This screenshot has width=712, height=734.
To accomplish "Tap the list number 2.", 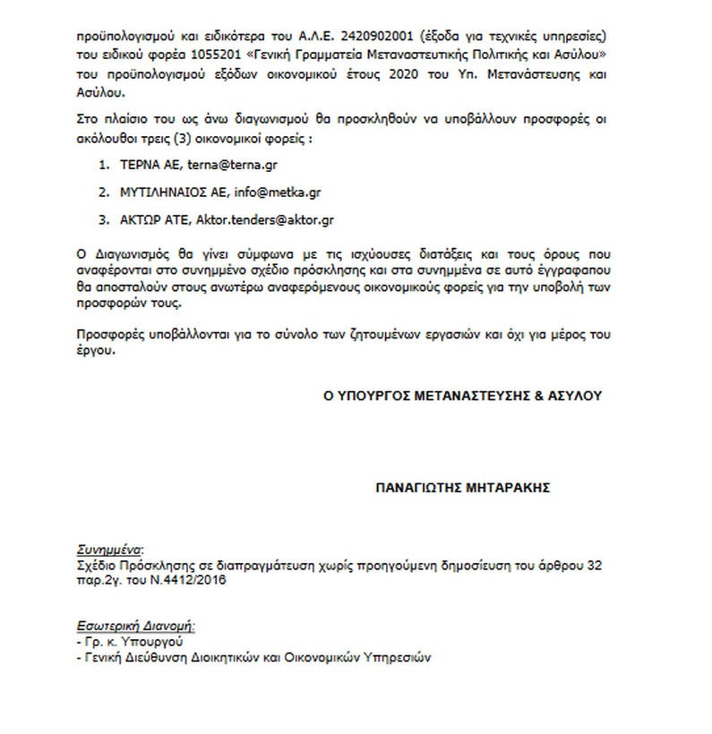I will coord(104,192).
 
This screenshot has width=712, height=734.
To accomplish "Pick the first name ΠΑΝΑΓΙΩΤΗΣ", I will coord(418,489).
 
